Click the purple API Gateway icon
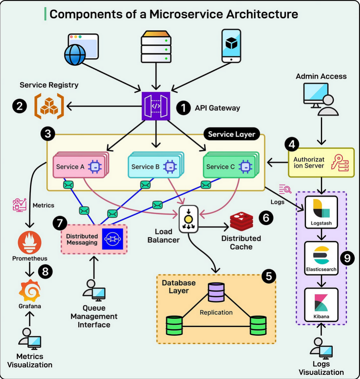[x=156, y=106]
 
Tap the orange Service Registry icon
[x=49, y=106]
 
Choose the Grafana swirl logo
[x=30, y=291]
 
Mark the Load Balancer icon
[x=187, y=218]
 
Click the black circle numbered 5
[x=269, y=276]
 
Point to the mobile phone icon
[x=231, y=46]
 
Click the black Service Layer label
[x=232, y=134]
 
